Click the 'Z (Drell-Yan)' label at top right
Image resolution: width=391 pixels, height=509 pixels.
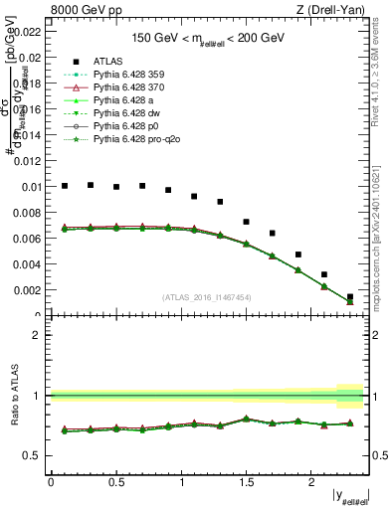coord(336,10)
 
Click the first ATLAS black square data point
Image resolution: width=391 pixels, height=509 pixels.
coord(65,186)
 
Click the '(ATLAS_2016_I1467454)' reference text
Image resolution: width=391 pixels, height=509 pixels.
coord(207,297)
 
